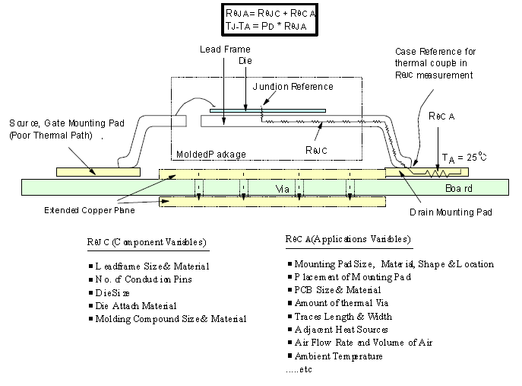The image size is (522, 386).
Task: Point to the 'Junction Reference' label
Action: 293,87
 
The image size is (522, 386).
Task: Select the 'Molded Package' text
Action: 211,155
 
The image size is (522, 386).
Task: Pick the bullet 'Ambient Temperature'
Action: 338,356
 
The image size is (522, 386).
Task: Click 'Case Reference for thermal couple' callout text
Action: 434,62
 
